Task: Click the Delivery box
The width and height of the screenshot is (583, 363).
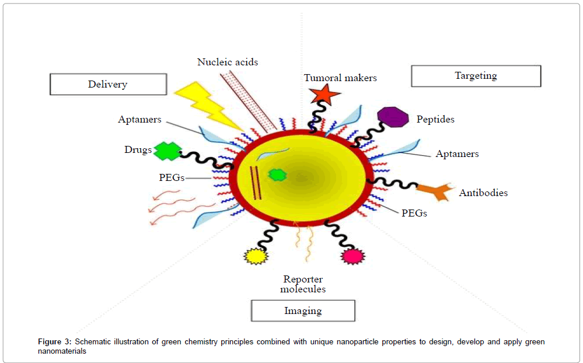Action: (x=107, y=84)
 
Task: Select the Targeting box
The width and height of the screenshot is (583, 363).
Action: (x=476, y=76)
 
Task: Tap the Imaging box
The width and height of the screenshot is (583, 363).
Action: (x=303, y=310)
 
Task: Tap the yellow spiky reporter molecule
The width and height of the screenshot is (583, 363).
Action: (x=255, y=256)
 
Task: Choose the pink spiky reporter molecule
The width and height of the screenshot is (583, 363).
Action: (x=352, y=256)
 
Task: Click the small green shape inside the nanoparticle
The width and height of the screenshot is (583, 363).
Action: (x=277, y=174)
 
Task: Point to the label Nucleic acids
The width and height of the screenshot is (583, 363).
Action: (x=228, y=62)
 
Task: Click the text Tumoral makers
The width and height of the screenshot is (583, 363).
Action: (x=340, y=78)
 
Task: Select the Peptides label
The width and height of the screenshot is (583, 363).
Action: (x=435, y=120)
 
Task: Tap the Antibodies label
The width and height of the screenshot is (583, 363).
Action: (x=483, y=193)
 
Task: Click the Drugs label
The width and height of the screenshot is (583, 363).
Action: (x=138, y=150)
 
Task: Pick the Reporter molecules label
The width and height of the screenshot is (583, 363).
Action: (x=303, y=284)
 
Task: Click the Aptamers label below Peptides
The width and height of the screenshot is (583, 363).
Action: (x=457, y=154)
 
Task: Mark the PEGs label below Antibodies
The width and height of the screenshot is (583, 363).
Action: (x=414, y=213)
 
